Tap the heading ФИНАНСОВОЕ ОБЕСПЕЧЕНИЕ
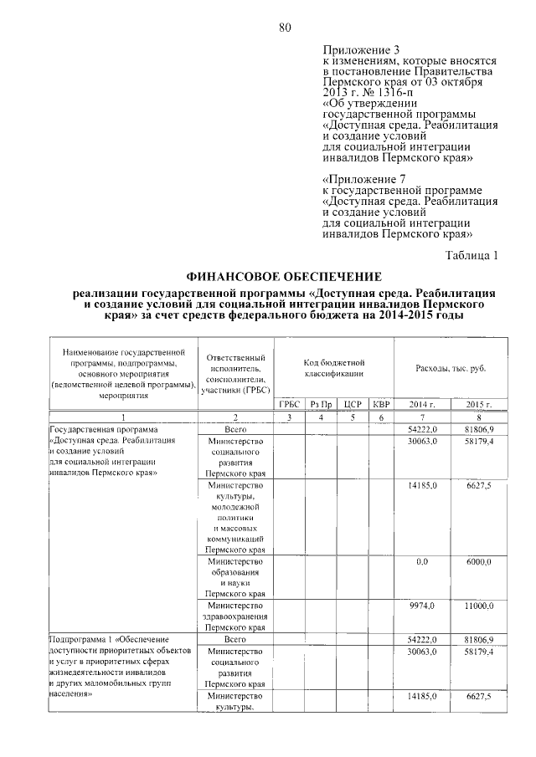(285, 276)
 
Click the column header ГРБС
(288, 404)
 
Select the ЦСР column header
(353, 404)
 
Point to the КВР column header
(381, 404)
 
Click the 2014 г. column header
(421, 404)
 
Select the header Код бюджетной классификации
(334, 369)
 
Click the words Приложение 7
(363, 180)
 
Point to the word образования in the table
(235, 572)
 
